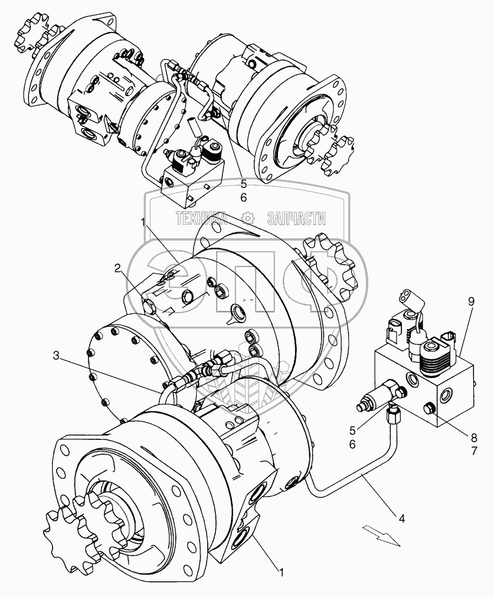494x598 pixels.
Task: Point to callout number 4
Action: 402,519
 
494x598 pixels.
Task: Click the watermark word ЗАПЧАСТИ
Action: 296,219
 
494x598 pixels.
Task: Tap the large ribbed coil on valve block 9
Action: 436,357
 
